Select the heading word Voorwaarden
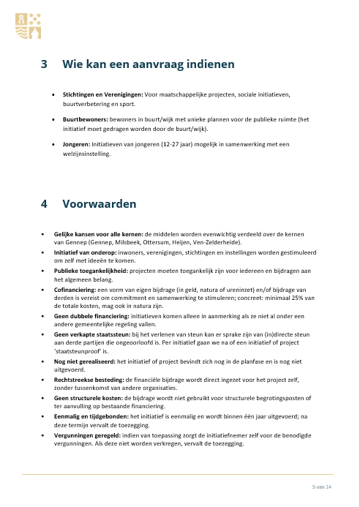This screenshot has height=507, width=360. click(100, 205)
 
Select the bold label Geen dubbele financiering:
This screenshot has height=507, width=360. click(92, 318)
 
